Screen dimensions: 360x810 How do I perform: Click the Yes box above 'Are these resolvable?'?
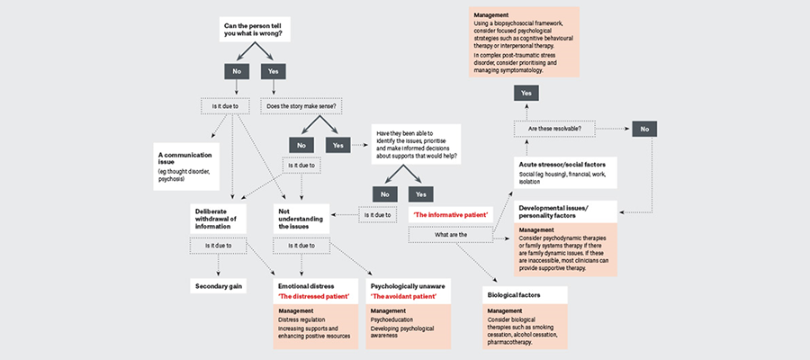click(x=526, y=93)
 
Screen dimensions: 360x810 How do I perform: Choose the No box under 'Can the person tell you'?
click(x=236, y=70)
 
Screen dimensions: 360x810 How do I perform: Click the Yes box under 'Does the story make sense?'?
click(x=338, y=144)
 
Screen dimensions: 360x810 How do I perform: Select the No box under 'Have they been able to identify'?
click(x=385, y=193)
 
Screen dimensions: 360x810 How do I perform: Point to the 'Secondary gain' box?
click(x=220, y=287)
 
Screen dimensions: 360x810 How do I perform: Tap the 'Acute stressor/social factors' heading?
click(x=562, y=165)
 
